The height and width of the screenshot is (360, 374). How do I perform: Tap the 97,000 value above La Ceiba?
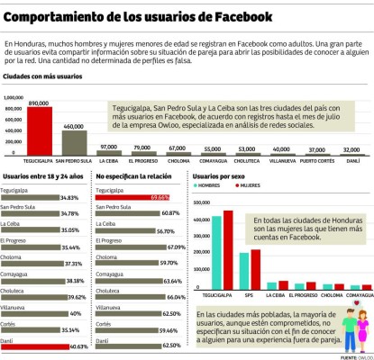109,146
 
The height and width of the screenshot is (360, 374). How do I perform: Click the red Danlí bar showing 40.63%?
44,346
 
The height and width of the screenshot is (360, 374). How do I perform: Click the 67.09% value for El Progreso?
176,246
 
